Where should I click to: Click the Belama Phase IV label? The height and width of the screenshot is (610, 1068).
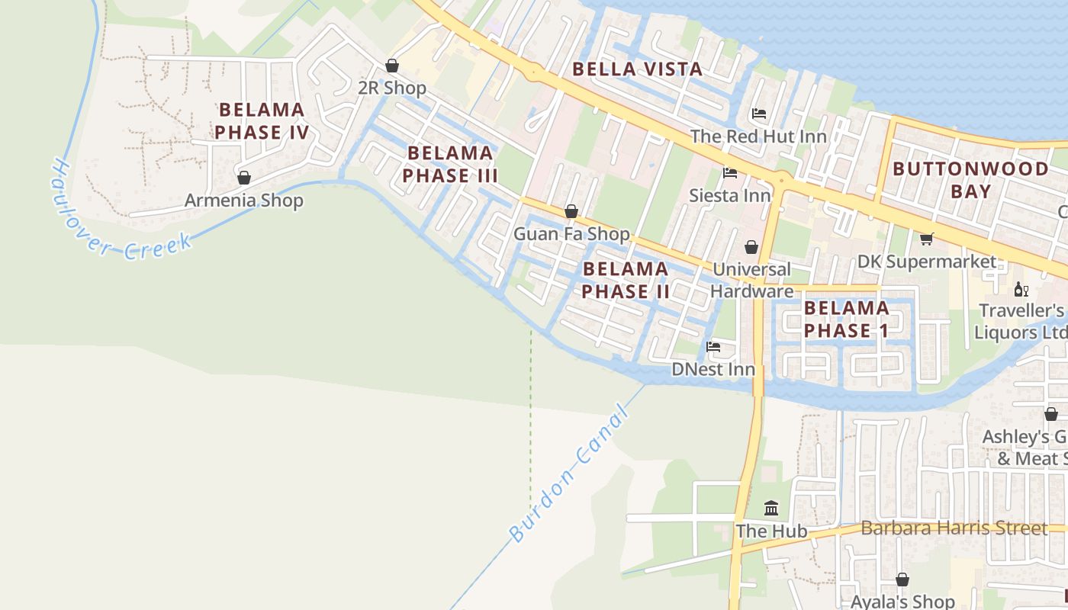click(262, 121)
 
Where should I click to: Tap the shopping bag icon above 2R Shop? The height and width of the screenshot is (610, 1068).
click(392, 66)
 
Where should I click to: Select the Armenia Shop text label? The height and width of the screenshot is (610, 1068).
click(244, 201)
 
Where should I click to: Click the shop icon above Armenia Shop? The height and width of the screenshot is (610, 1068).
click(244, 178)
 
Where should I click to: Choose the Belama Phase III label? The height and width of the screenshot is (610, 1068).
click(450, 164)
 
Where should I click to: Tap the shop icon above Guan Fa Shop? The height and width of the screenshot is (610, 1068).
click(571, 211)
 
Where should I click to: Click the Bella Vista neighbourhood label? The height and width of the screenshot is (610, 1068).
click(637, 69)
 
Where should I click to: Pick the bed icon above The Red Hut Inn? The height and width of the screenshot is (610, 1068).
click(758, 114)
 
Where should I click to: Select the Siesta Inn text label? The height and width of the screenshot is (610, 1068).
click(730, 195)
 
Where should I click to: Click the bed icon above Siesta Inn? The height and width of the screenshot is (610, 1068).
click(730, 173)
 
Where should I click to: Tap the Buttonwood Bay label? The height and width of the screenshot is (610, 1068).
click(970, 180)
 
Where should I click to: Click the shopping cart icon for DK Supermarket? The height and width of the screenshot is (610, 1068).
click(927, 239)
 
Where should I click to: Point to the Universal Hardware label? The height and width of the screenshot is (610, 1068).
click(751, 280)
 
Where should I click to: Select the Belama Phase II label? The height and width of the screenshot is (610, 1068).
click(626, 280)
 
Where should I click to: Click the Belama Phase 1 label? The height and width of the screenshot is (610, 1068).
click(847, 319)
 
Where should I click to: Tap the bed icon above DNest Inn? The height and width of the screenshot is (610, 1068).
click(713, 347)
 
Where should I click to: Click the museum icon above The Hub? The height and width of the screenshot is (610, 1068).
click(771, 508)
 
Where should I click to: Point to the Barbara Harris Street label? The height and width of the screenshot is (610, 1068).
click(954, 528)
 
